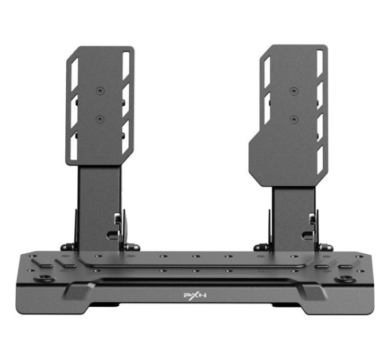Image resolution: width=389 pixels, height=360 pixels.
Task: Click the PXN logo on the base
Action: [194, 296]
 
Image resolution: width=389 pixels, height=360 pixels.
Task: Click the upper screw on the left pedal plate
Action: [100, 91]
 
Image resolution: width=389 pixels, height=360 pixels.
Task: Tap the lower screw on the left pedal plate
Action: [100, 119]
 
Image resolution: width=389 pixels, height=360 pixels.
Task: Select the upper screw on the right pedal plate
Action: [293, 91]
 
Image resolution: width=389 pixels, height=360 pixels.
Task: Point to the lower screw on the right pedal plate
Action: [293, 120]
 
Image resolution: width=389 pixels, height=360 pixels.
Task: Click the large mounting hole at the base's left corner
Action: [45, 278]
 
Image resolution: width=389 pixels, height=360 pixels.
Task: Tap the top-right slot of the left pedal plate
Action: [126, 66]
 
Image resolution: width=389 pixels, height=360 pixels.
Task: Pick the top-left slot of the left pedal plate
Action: [75, 75]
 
